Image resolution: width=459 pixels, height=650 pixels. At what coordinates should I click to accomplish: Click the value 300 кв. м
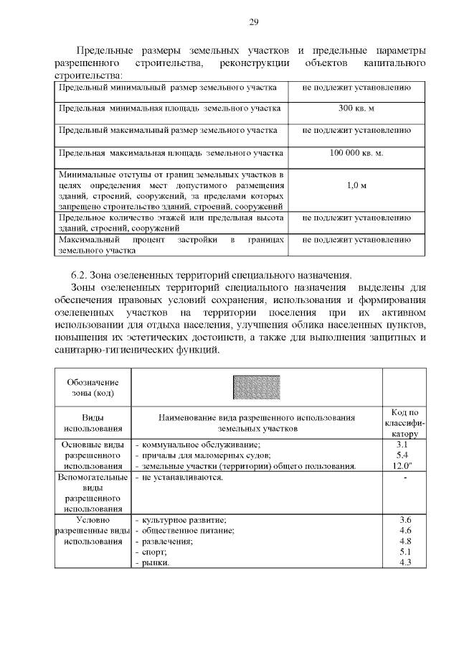click(356, 108)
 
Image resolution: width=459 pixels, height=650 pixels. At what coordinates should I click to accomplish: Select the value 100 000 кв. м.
click(356, 153)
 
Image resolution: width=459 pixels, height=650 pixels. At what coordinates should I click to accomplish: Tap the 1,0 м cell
click(356, 185)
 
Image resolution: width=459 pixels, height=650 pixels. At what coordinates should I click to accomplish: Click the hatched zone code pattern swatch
click(256, 388)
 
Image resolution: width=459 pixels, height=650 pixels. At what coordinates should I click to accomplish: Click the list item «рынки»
click(156, 563)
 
